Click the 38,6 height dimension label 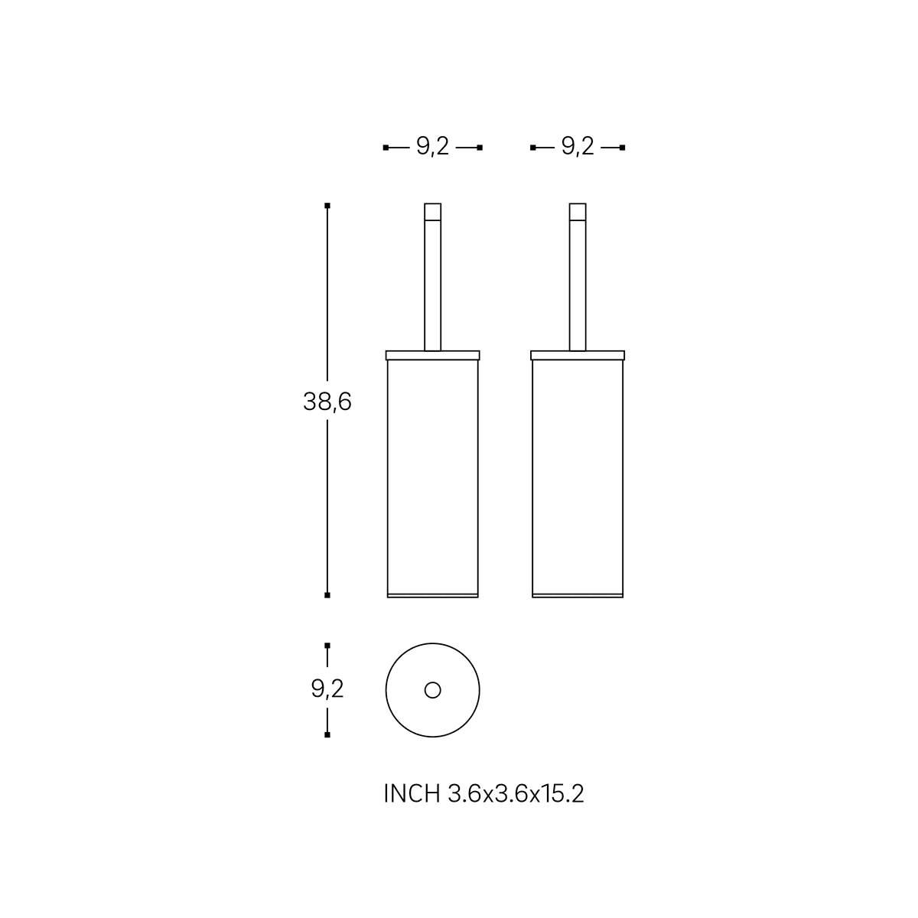coord(327,402)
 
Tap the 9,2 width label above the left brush coord(432,146)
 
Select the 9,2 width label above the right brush coord(578,146)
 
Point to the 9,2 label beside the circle coord(327,688)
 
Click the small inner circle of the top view coord(432,690)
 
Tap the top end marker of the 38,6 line coord(327,206)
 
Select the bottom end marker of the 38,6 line coord(327,595)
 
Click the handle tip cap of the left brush coord(432,211)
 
